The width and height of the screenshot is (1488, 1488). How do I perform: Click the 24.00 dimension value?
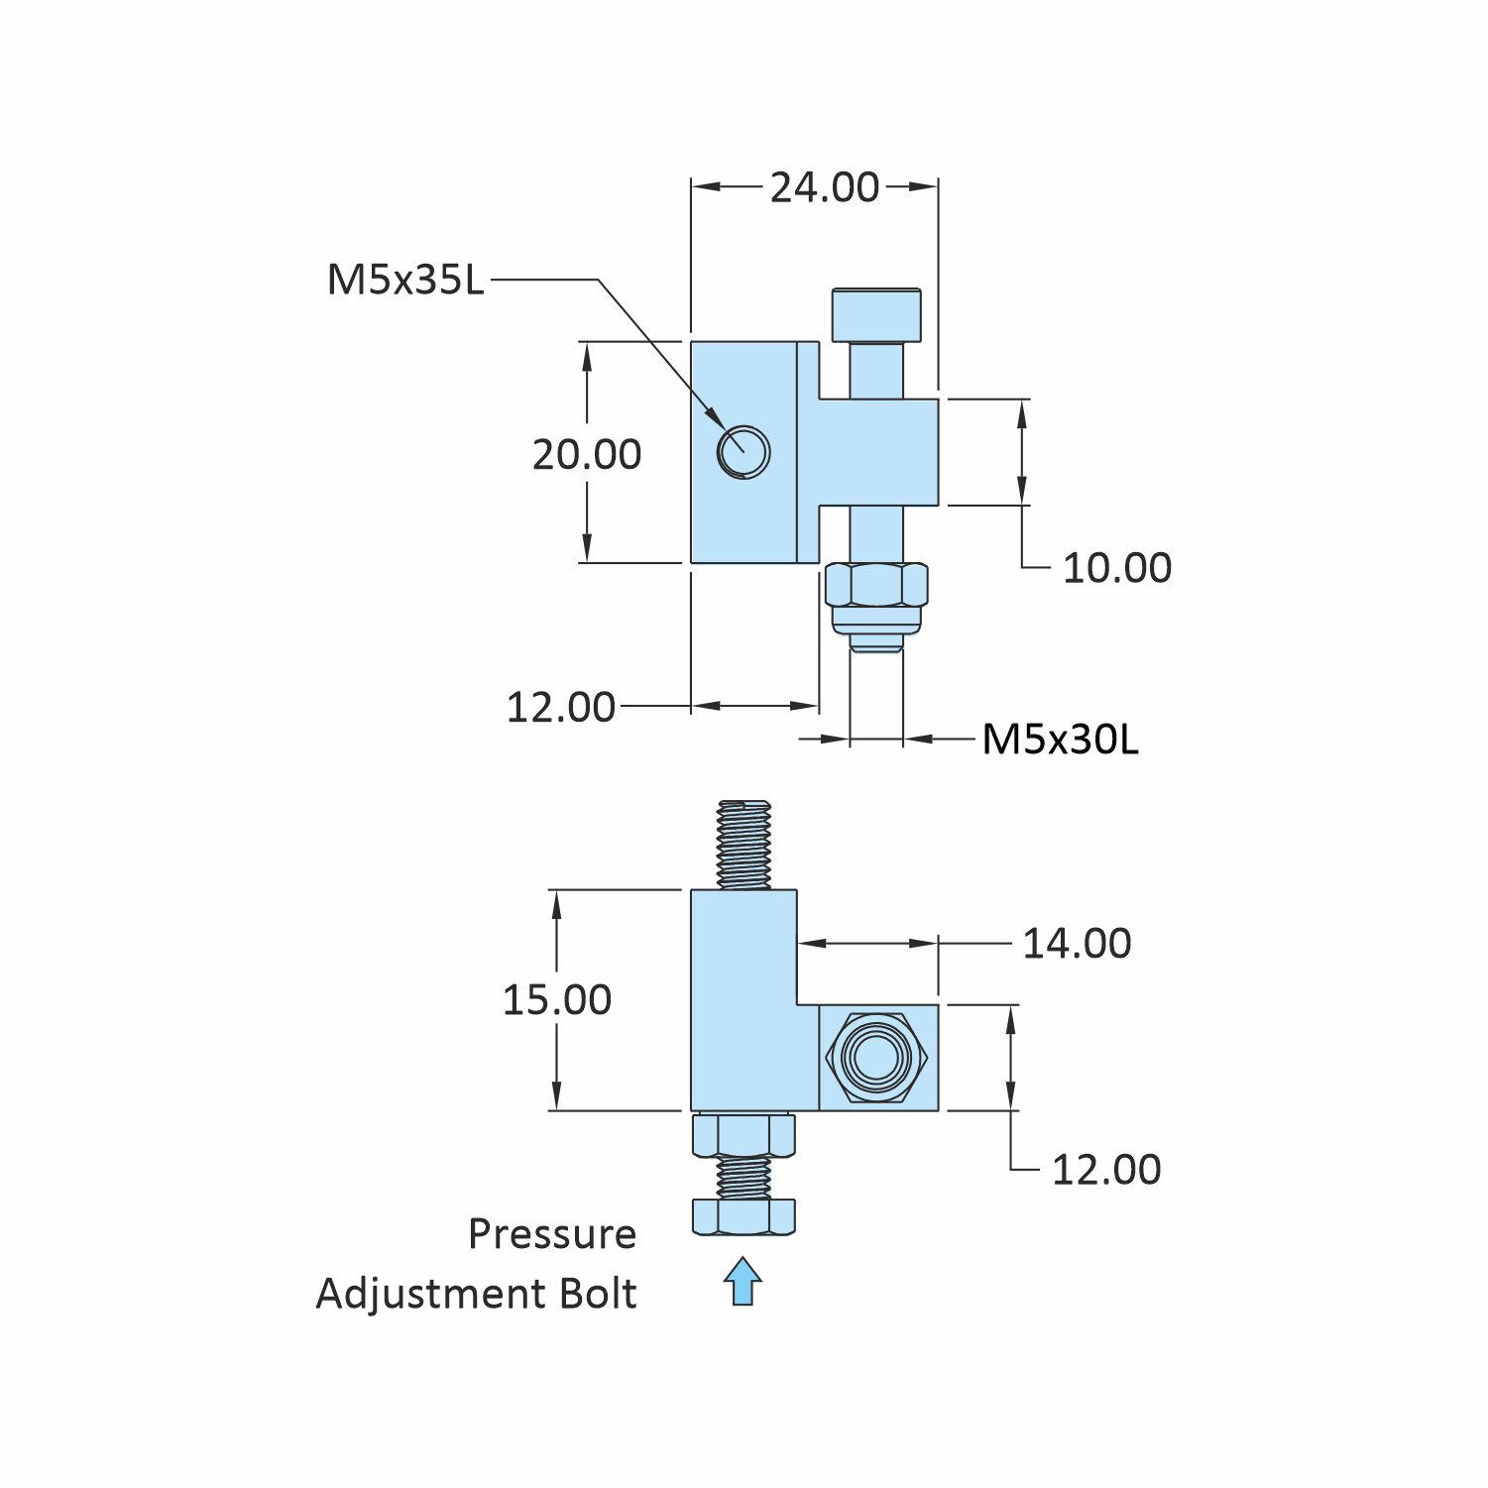pyautogui.click(x=825, y=187)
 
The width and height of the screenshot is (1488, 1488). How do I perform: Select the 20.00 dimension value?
pyautogui.click(x=587, y=455)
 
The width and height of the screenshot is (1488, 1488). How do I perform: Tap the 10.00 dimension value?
pyautogui.click(x=1116, y=568)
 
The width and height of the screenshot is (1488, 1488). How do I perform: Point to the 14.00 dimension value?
pyautogui.click(x=1077, y=944)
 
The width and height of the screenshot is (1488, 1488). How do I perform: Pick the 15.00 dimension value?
pyautogui.click(x=556, y=999)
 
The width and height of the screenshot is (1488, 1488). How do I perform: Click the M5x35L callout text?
pyautogui.click(x=405, y=281)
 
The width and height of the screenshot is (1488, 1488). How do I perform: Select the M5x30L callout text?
pyautogui.click(x=1060, y=740)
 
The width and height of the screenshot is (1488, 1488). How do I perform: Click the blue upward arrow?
pyautogui.click(x=743, y=1281)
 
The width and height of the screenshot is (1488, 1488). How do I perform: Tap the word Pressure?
pyautogui.click(x=552, y=1234)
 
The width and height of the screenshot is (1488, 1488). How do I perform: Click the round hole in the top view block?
pyautogui.click(x=744, y=452)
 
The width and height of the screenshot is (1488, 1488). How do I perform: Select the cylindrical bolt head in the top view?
pyautogui.click(x=876, y=314)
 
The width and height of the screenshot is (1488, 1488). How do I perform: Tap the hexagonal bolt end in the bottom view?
pyautogui.click(x=876, y=1057)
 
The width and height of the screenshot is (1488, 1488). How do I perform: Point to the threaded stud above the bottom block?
pyautogui.click(x=744, y=845)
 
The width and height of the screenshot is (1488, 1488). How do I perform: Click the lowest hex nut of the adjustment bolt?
pyautogui.click(x=743, y=1216)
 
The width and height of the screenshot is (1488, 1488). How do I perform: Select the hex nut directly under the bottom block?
pyautogui.click(x=743, y=1135)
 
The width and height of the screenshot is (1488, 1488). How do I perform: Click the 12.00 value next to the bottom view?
pyautogui.click(x=1105, y=1170)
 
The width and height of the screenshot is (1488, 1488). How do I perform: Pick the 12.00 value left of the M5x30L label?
pyautogui.click(x=560, y=708)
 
